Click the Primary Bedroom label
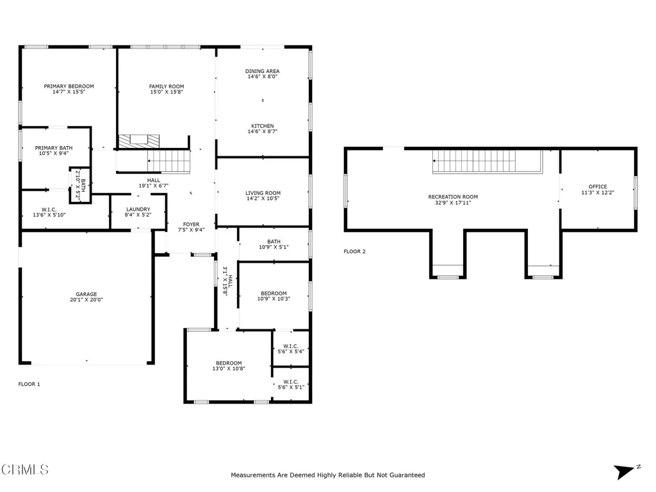point(69,86)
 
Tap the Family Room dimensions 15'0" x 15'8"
point(167,92)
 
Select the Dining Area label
point(262,71)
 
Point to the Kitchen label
point(262,126)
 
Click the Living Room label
point(263,193)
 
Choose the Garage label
point(86,294)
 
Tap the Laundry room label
point(138,209)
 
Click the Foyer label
point(191,224)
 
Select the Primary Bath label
point(54,148)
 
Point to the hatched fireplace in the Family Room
point(139,141)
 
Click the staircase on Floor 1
point(169,161)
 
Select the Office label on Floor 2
point(598,186)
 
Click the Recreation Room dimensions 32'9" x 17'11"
point(453,202)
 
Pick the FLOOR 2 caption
point(354,251)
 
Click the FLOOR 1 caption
point(29,384)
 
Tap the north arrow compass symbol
point(626,471)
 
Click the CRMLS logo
point(25,470)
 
